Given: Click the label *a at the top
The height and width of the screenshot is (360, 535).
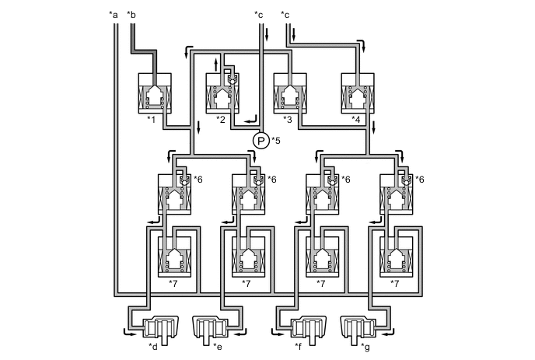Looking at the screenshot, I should (114, 14).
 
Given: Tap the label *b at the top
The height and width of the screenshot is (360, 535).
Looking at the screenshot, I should (131, 14).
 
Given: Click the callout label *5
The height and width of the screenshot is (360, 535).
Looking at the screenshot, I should (276, 141).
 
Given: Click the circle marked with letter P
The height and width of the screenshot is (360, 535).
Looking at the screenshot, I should (260, 141).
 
